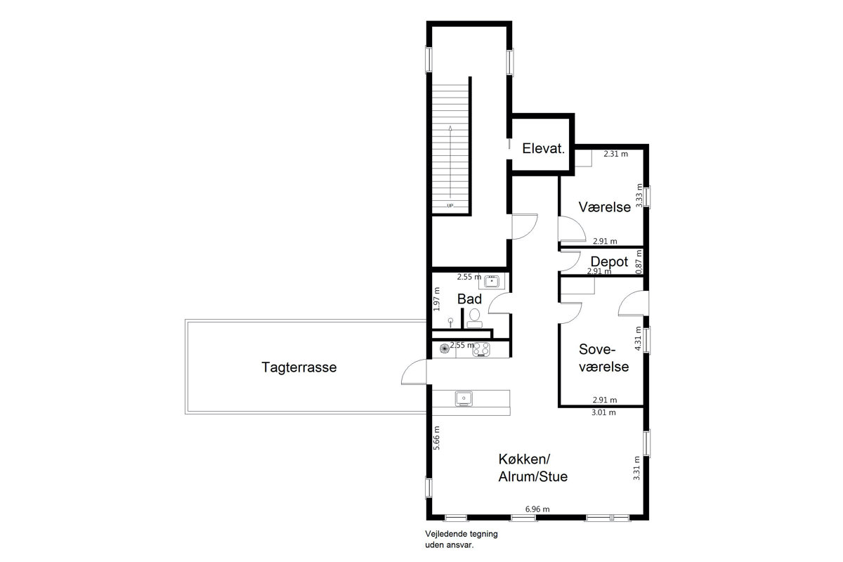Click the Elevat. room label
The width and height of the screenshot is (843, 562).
(544, 149)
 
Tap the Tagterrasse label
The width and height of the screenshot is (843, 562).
(299, 367)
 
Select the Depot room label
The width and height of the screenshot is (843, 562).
(609, 261)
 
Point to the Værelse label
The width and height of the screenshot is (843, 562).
(604, 207)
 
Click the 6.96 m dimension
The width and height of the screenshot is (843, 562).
(537, 509)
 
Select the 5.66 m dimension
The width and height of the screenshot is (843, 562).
(436, 438)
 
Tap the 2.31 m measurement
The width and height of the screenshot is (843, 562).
(615, 154)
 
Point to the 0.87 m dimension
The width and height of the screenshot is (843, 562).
(639, 262)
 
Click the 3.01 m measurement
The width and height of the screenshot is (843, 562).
(603, 412)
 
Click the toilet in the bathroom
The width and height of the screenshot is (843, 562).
(475, 318)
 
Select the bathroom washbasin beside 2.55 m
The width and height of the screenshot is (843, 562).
(492, 281)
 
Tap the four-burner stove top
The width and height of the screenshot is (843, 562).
(481, 349)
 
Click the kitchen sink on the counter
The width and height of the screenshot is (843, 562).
(464, 399)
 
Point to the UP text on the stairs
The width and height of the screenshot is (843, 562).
(450, 206)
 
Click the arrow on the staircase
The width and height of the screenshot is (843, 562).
(450, 162)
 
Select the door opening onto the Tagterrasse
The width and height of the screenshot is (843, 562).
(414, 372)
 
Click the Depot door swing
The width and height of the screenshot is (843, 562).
(569, 261)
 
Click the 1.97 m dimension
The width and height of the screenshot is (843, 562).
(436, 299)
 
